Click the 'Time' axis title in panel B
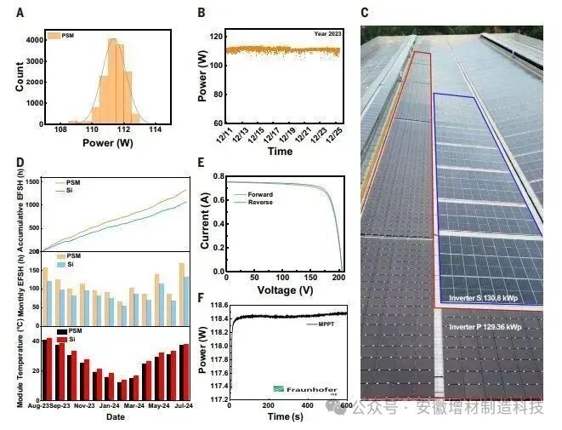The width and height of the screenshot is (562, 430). [x=280, y=151]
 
